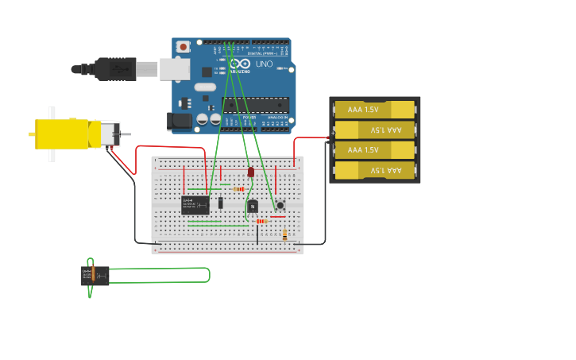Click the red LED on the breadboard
tap(250, 172)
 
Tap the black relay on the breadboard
tap(195, 205)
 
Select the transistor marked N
tap(253, 207)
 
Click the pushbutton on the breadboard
tap(280, 205)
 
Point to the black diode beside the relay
tap(221, 203)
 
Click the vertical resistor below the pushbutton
tap(285, 234)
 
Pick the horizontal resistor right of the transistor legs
tap(261, 221)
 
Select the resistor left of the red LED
tap(239, 189)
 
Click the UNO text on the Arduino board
tap(264, 64)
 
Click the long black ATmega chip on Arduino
tap(255, 104)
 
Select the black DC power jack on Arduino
tap(179, 121)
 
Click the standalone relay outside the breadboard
tap(95, 275)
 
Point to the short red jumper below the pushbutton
tap(277, 216)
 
